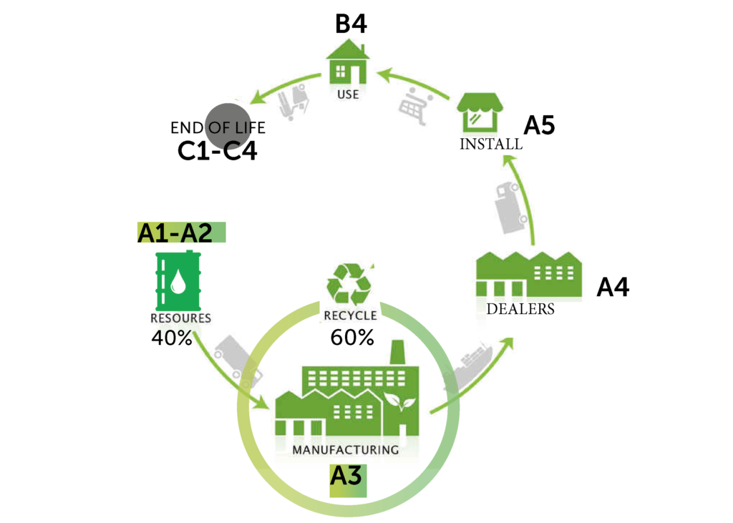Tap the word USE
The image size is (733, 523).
(x=348, y=94)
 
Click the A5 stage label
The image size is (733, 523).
(x=539, y=126)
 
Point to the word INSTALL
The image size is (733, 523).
(x=490, y=144)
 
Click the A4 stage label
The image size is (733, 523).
(x=613, y=288)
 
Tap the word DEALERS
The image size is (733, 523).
(x=520, y=310)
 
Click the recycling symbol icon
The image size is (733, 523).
(x=349, y=285)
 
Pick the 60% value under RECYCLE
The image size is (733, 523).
(x=352, y=338)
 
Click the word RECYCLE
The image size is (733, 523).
(x=350, y=316)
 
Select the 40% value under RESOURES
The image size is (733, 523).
(x=172, y=338)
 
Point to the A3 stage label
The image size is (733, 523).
(x=347, y=476)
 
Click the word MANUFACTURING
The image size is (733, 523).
(x=345, y=450)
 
